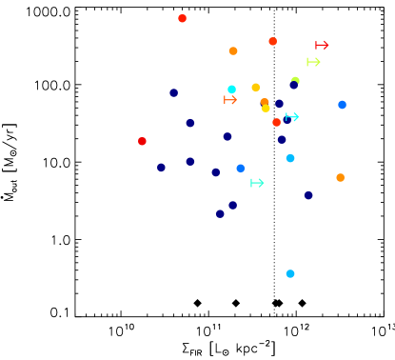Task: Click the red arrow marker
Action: (322, 45)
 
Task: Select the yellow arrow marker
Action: (313, 62)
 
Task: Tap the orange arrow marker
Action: (230, 99)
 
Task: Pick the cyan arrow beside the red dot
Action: (292, 117)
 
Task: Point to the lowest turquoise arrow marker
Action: (257, 183)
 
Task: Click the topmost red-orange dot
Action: (182, 18)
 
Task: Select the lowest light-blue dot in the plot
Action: (290, 273)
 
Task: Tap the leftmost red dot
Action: (142, 141)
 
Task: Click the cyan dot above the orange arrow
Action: (231, 89)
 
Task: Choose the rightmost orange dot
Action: (340, 177)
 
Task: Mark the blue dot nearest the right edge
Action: (342, 105)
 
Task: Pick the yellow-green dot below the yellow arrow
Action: (295, 81)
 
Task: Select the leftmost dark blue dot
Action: (161, 167)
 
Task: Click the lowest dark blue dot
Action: (220, 213)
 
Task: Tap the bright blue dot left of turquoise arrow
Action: (240, 168)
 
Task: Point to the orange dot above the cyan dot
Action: (233, 50)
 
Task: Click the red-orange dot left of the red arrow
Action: (272, 41)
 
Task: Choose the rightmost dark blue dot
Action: (308, 194)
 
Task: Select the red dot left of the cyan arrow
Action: (276, 122)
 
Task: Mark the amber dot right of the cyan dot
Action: (255, 87)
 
